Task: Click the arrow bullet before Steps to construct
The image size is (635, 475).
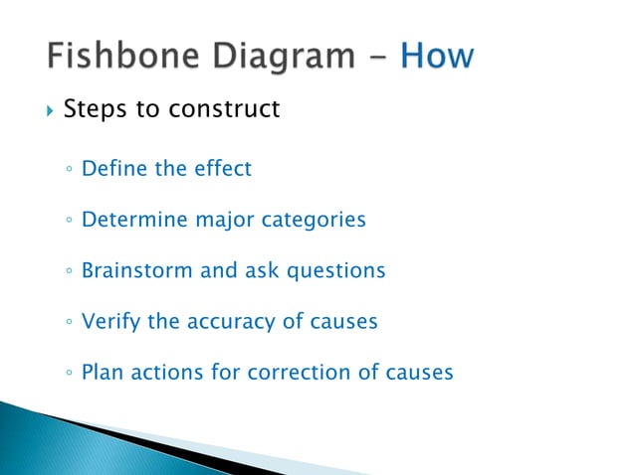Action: tap(45, 109)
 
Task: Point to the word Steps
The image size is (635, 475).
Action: tap(96, 108)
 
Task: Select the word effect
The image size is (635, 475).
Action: tap(222, 168)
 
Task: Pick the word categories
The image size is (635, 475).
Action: tap(313, 220)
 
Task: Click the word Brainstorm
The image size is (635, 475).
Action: tap(138, 270)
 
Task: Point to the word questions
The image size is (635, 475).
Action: tap(335, 271)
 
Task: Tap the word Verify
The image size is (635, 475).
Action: tap(110, 322)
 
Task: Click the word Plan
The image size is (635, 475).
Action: tap(102, 374)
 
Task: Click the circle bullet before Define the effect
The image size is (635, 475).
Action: tap(66, 170)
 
